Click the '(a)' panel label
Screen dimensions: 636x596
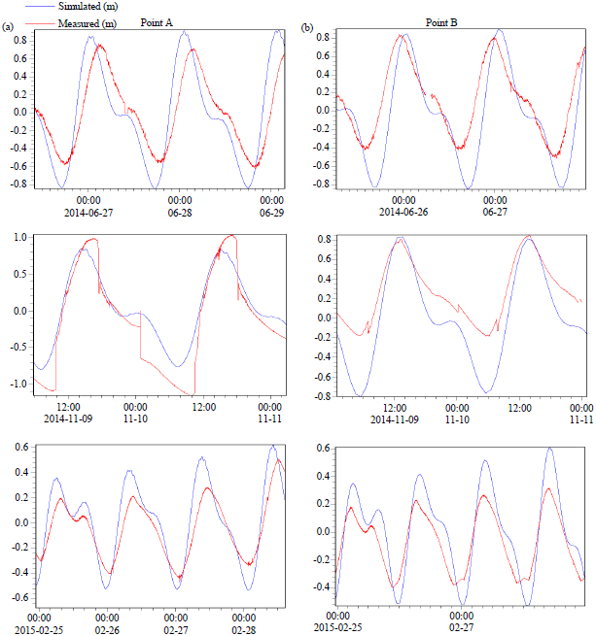pyautogui.click(x=9, y=26)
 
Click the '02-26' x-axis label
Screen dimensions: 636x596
pyautogui.click(x=108, y=628)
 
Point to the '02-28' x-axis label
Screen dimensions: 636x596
pyautogui.click(x=248, y=628)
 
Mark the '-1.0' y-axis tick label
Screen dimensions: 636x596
pyautogui.click(x=19, y=384)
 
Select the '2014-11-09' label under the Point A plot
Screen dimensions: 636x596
pyautogui.click(x=68, y=418)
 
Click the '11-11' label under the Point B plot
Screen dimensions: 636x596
pyautogui.click(x=580, y=418)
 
